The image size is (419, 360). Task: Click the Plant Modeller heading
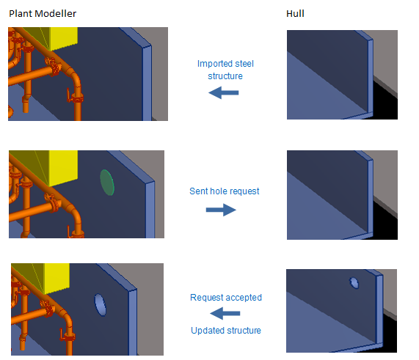pos(43,14)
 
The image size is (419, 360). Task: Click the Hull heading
pos(295,13)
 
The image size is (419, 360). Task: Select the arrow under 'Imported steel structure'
pos(223,92)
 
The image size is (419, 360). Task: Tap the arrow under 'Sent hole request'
pos(221,210)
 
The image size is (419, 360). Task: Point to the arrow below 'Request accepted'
pos(225,313)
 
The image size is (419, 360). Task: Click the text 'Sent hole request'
pos(225,191)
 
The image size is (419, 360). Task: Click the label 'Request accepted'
pos(226,297)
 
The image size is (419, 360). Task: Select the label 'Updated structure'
pos(226,331)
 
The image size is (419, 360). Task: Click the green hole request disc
pos(107,183)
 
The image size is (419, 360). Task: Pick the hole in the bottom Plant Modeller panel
pos(101,305)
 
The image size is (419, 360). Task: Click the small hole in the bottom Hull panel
pos(354,283)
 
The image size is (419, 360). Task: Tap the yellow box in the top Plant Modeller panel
pos(64,37)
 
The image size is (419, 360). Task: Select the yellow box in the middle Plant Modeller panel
pos(63,167)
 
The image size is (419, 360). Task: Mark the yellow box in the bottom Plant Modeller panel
pos(57,278)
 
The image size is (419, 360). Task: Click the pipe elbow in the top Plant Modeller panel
pos(74,78)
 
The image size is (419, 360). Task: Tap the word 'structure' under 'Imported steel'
pos(225,76)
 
